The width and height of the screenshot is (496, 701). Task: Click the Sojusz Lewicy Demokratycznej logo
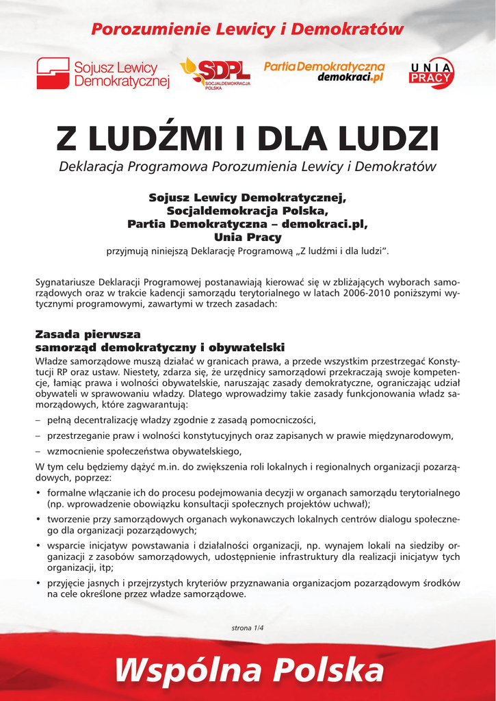click(102, 73)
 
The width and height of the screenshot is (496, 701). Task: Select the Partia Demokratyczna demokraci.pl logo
click(324, 71)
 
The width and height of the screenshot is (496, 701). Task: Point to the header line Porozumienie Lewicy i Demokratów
click(248, 29)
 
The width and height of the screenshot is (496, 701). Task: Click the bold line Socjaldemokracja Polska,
click(248, 211)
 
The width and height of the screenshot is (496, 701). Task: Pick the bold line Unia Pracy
click(248, 238)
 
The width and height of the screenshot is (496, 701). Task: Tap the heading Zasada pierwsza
click(87, 335)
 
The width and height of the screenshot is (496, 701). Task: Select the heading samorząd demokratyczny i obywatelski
click(159, 348)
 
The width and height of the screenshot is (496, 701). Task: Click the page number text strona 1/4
click(248, 626)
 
